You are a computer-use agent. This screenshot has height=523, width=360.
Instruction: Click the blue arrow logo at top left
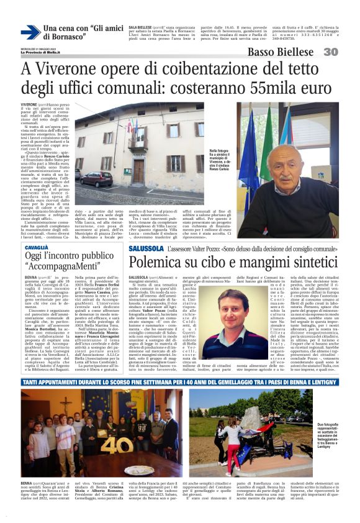tap(30, 32)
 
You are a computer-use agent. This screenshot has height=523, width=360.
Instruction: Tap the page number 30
tap(347, 52)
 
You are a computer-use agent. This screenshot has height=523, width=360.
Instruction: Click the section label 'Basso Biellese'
tap(286, 52)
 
